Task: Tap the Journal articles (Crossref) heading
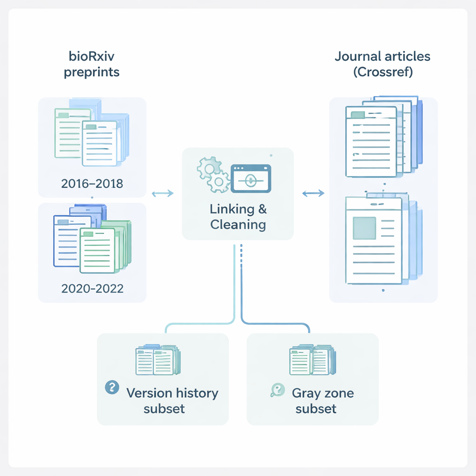point(383,65)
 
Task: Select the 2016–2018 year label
point(92,183)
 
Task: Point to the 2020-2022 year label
point(93,288)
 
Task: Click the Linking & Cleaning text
point(238,217)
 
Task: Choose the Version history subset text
point(172,401)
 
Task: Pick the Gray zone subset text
point(323,401)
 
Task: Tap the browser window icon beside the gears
point(251,177)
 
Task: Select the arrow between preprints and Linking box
point(163,193)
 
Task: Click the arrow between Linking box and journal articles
point(313,193)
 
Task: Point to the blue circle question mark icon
point(112,387)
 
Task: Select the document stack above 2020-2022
point(92,240)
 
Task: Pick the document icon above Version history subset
point(158,360)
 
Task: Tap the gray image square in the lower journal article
point(364,228)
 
